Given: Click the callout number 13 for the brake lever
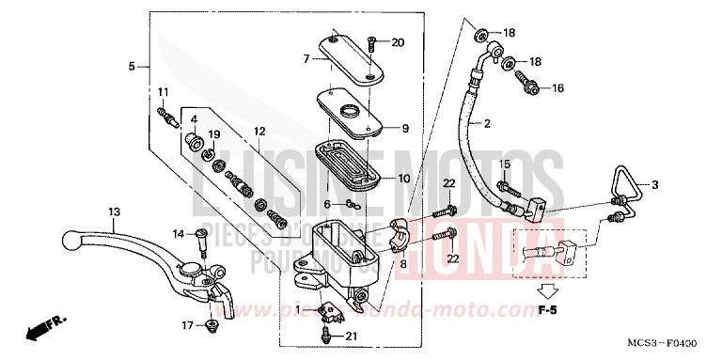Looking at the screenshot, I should coord(114,211).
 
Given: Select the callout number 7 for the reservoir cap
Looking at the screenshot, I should coord(306,58).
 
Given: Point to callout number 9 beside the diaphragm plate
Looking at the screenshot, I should coord(406,128).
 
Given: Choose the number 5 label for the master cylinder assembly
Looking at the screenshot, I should coord(133,66).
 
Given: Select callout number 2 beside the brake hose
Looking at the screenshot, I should coord(487,123).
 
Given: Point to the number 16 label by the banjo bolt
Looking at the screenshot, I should coord(557,88).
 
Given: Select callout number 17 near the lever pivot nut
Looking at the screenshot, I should coord(186,325).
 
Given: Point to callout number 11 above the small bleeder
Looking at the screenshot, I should coord(162,91).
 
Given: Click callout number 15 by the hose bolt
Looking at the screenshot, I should coord(503,164).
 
